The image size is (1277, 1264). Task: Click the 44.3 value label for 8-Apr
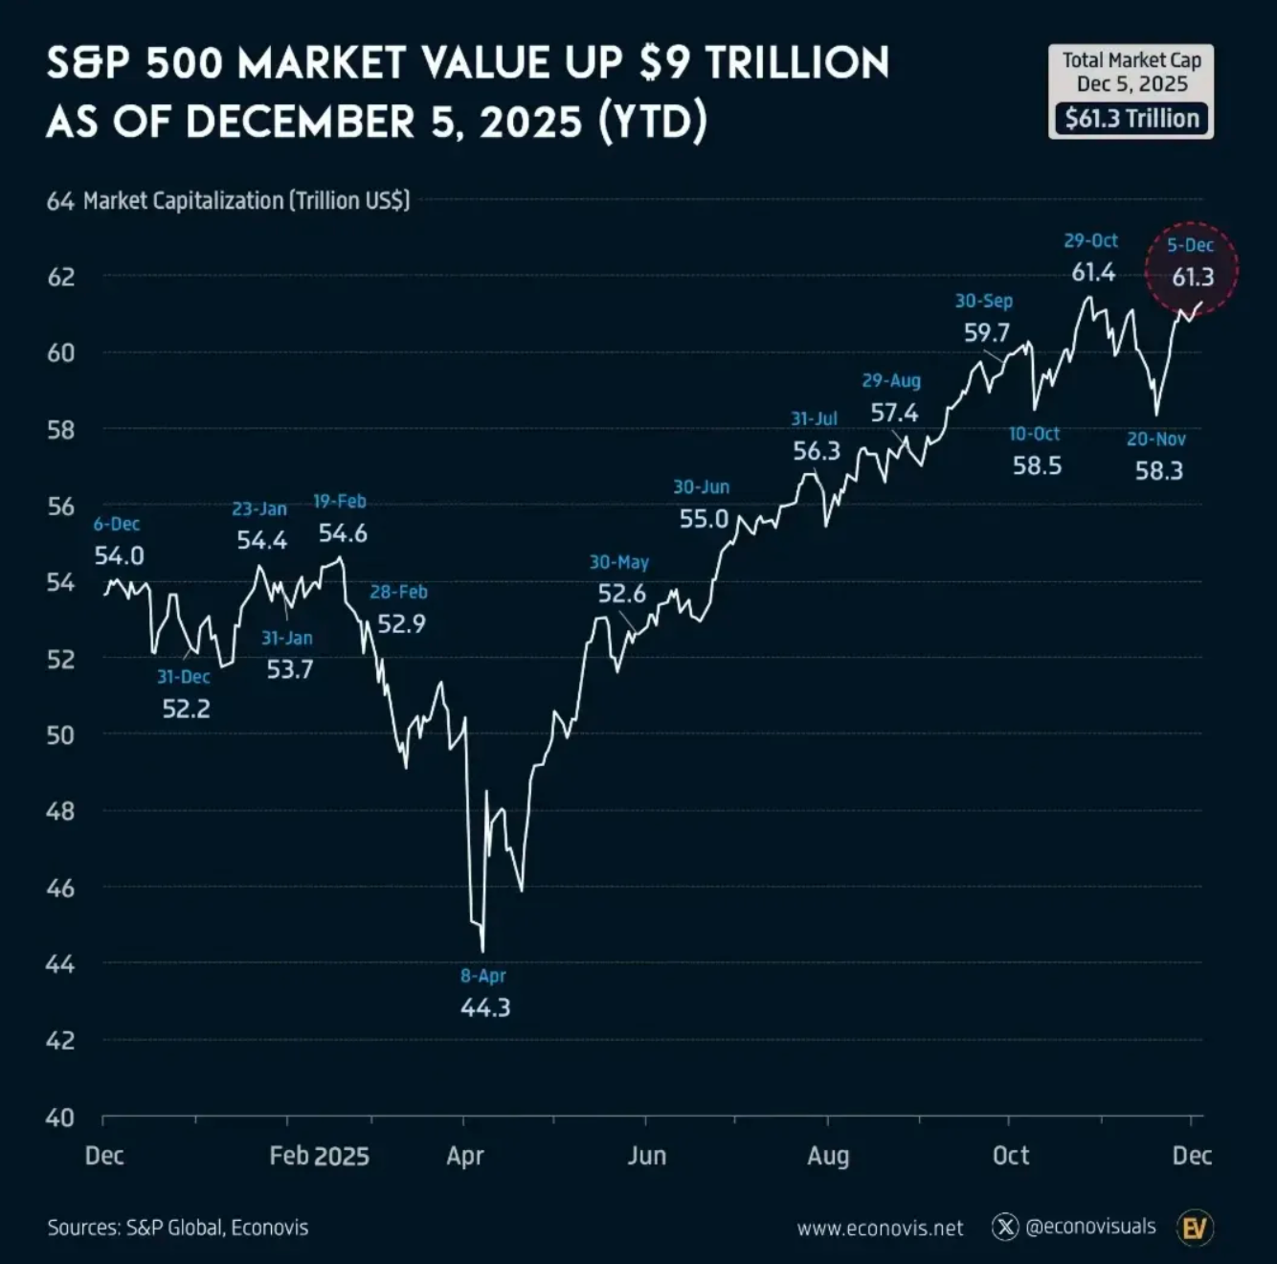pyautogui.click(x=485, y=1007)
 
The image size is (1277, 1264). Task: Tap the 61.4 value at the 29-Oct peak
pyautogui.click(x=1093, y=273)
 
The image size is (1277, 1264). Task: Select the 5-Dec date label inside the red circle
pyautogui.click(x=1190, y=245)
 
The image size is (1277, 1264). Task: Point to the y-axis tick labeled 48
pyautogui.click(x=60, y=811)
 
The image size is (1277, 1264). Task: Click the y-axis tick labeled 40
pyautogui.click(x=60, y=1117)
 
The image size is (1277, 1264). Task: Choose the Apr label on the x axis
pyautogui.click(x=465, y=1156)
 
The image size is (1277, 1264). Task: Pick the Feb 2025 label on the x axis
pyautogui.click(x=319, y=1156)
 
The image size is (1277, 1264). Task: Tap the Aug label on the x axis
pyautogui.click(x=828, y=1156)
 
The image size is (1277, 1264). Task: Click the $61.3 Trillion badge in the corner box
pyautogui.click(x=1131, y=119)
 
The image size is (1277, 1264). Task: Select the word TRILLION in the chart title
pyautogui.click(x=797, y=63)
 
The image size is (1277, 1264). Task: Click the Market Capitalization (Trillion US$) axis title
pyautogui.click(x=246, y=201)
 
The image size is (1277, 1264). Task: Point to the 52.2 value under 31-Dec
pyautogui.click(x=186, y=709)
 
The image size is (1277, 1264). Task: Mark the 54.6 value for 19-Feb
pyautogui.click(x=343, y=533)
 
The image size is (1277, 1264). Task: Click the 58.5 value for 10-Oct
pyautogui.click(x=1037, y=466)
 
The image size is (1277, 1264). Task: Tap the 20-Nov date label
pyautogui.click(x=1155, y=440)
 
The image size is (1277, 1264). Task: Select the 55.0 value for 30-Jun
pyautogui.click(x=704, y=519)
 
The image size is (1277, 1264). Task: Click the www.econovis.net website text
pyautogui.click(x=880, y=1228)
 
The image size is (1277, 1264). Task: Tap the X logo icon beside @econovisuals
pyautogui.click(x=1005, y=1227)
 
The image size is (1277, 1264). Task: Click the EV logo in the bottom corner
pyautogui.click(x=1195, y=1228)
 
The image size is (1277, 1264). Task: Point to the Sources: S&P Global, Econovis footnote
pyautogui.click(x=178, y=1228)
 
